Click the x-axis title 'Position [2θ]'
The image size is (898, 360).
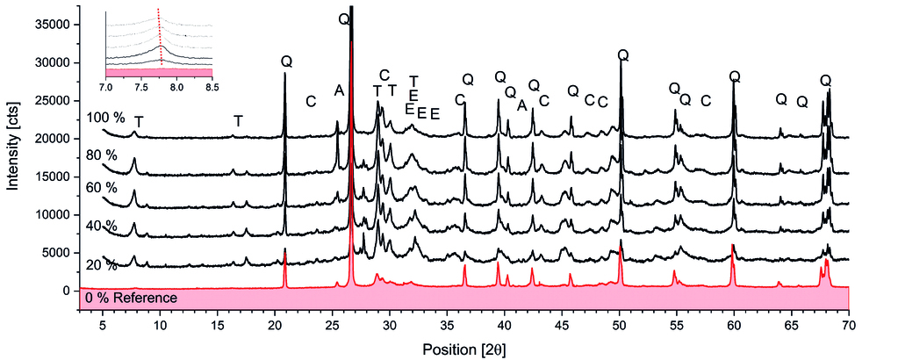tap(464, 349)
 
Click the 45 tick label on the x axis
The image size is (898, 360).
tap(562, 324)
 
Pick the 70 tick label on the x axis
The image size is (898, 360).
tap(849, 324)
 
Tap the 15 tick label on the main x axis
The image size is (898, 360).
tap(217, 324)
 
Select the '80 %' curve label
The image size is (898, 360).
tap(102, 154)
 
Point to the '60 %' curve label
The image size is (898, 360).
tap(102, 189)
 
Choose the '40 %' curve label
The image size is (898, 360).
tap(102, 226)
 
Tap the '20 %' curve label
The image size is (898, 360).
tap(102, 265)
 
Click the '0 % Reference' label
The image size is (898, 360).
tap(131, 298)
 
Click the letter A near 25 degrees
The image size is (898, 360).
tap(339, 90)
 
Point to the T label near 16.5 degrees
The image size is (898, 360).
tap(238, 120)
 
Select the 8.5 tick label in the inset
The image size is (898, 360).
tap(212, 88)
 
